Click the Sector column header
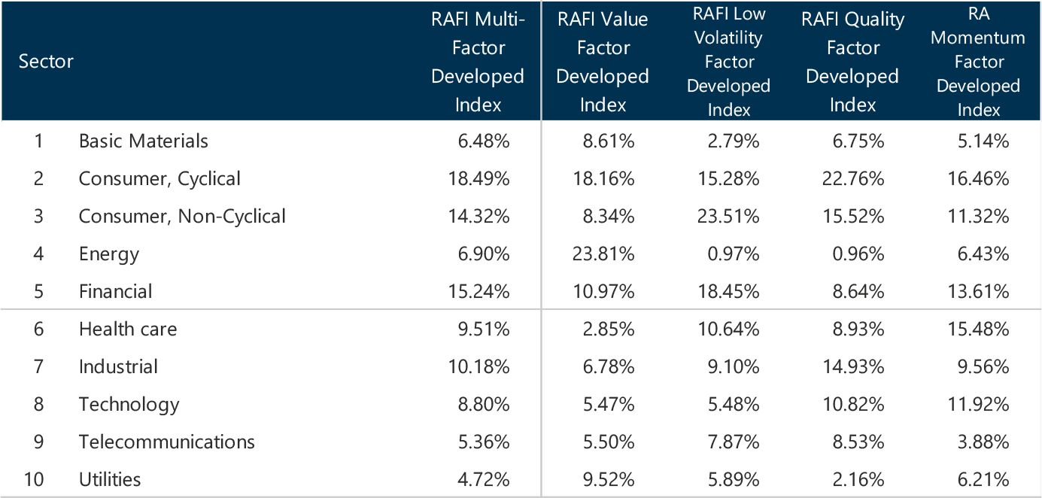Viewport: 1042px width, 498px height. pyautogui.click(x=46, y=61)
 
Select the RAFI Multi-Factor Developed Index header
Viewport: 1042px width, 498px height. pyautogui.click(x=478, y=62)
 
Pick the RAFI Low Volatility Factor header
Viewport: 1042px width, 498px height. pyautogui.click(x=728, y=62)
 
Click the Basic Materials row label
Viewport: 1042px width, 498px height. pyautogui.click(x=143, y=141)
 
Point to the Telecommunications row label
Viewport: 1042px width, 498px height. pyautogui.click(x=166, y=442)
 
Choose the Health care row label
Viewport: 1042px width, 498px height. pyautogui.click(x=128, y=329)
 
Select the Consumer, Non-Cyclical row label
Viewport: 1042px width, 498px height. pyautogui.click(x=182, y=216)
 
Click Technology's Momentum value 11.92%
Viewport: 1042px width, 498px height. pyautogui.click(x=984, y=404)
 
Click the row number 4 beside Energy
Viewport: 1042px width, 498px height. pyautogui.click(x=38, y=254)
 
